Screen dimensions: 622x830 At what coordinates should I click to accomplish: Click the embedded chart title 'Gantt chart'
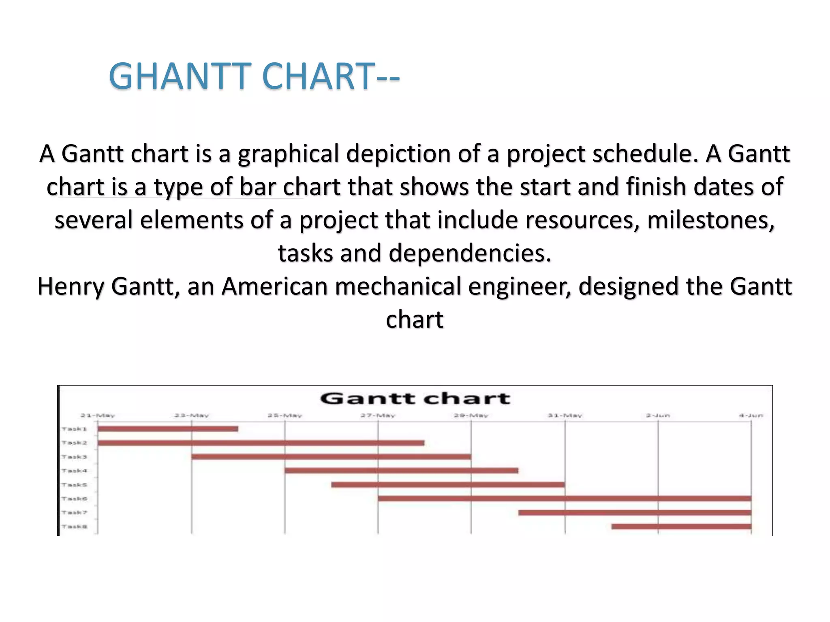(x=415, y=398)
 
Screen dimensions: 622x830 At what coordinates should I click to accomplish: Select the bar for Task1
(x=168, y=429)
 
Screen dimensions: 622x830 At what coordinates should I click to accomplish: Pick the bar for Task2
(x=261, y=443)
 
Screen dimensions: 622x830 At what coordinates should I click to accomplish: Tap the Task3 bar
(x=331, y=457)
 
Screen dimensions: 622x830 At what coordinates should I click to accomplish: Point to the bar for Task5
(x=448, y=485)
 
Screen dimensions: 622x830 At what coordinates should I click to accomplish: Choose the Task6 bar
(x=565, y=498)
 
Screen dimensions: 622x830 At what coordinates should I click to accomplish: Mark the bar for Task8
(x=681, y=526)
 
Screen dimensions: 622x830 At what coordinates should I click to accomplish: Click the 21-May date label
(x=98, y=415)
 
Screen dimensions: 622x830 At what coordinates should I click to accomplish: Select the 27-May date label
(x=378, y=415)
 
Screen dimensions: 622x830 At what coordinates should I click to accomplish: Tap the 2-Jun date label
(x=658, y=415)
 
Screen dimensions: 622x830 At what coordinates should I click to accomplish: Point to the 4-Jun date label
(x=751, y=415)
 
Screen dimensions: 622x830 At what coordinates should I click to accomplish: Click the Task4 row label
(x=74, y=471)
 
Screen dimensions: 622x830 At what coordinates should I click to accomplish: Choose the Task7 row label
(x=74, y=513)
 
